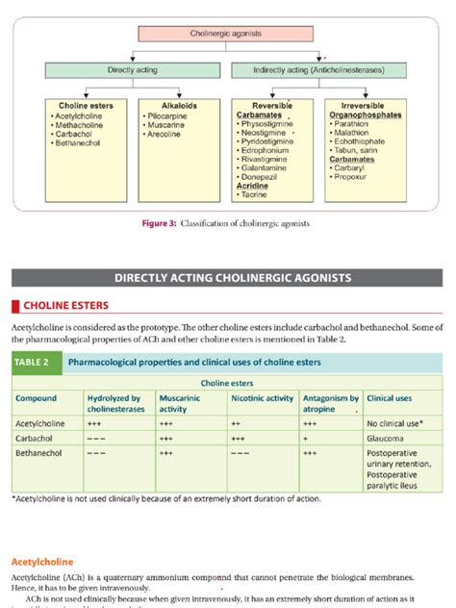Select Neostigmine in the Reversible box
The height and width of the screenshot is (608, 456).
265,132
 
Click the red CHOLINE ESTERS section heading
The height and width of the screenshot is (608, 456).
63,306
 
